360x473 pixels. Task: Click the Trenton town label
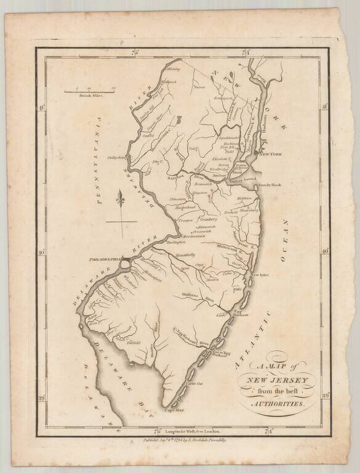pos(186,220)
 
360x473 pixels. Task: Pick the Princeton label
pos(183,200)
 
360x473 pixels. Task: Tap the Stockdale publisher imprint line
pos(185,441)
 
